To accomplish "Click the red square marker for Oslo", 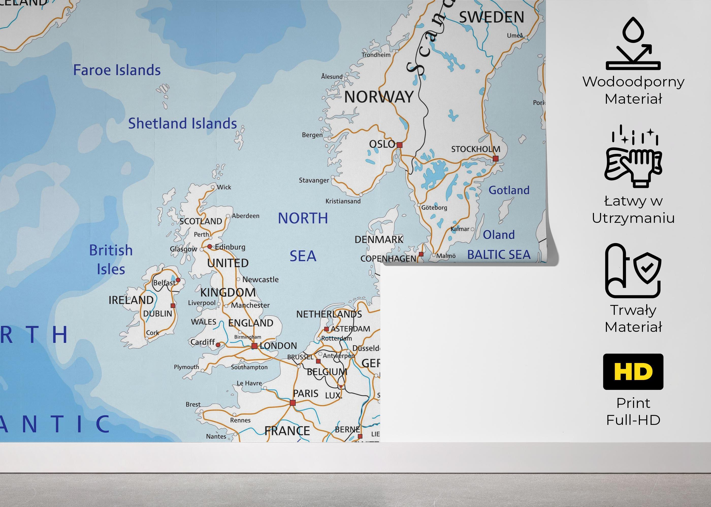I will [399, 145].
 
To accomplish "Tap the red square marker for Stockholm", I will [495, 159].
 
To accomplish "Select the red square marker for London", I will [254, 346].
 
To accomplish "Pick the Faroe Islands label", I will [117, 70].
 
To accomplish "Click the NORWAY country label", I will [379, 97].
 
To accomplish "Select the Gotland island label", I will [509, 190].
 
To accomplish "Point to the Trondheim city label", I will [376, 55].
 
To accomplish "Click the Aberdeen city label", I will [246, 216].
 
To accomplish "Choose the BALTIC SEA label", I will [499, 255].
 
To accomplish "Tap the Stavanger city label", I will [314, 180].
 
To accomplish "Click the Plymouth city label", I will [186, 367].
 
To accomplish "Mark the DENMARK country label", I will [379, 240].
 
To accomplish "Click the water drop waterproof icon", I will [633, 44].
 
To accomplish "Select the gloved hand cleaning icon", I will [633, 158].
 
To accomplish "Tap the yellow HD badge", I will [633, 372].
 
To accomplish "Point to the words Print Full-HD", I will [633, 411].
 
